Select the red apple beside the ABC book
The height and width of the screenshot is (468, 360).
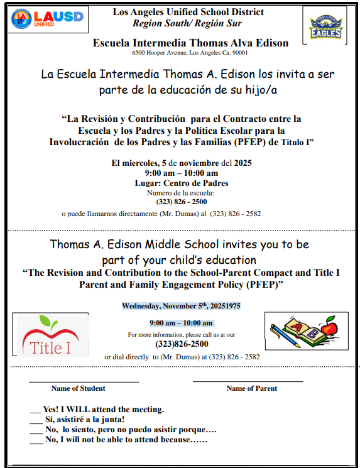[x=328, y=329]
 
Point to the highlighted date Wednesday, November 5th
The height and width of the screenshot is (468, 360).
[x=181, y=307]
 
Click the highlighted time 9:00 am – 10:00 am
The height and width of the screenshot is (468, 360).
[x=181, y=323]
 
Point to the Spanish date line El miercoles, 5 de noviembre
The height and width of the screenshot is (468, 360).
[x=181, y=163]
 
